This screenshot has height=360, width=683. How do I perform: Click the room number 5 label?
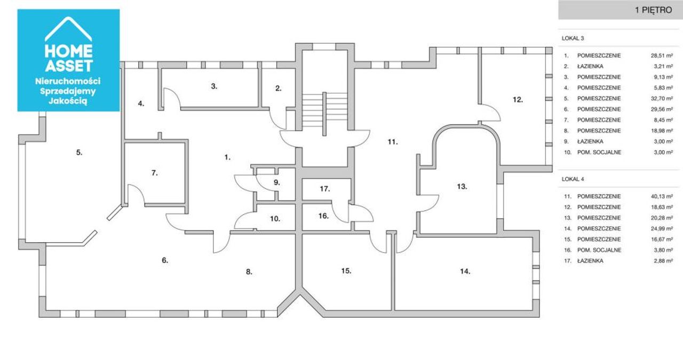(79, 153)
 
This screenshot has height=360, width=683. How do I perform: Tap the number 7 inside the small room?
(154, 173)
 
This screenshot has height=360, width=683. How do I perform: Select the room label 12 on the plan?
(518, 100)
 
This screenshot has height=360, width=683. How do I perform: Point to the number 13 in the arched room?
(462, 187)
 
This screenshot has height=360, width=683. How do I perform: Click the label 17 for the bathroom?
(325, 189)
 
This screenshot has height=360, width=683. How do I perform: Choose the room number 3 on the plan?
(214, 86)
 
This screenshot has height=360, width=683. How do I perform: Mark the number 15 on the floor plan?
(346, 271)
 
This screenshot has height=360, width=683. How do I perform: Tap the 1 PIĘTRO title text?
(653, 10)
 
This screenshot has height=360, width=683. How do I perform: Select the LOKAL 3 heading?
(573, 38)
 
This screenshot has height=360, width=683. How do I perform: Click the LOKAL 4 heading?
(573, 179)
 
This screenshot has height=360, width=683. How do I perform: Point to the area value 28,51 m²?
(662, 56)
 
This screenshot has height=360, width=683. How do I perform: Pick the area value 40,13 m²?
(662, 197)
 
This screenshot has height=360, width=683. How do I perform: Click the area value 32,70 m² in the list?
(662, 99)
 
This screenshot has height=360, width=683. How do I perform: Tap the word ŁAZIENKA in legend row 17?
(590, 261)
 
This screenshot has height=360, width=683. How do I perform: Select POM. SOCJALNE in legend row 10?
(599, 153)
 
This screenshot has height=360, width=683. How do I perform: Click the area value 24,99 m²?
(662, 229)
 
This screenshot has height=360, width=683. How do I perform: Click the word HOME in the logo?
(68, 51)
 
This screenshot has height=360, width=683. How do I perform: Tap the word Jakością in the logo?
(68, 101)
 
